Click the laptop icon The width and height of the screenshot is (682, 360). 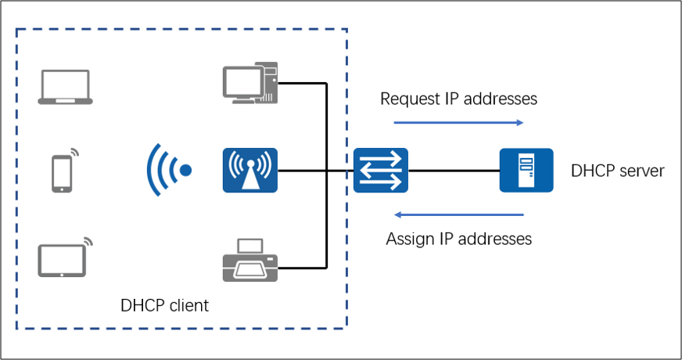click(66, 87)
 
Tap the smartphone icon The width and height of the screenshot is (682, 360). click(63, 172)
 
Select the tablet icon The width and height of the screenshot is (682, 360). click(63, 258)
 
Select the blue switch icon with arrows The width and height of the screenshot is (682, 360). click(380, 171)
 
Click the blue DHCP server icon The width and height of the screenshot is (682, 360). click(526, 171)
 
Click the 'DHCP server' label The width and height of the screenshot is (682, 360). click(618, 171)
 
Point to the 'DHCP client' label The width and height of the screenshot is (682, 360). click(165, 305)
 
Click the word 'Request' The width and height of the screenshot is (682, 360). click(409, 99)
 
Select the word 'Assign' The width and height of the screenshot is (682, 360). click(409, 239)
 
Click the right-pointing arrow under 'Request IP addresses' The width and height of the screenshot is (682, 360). click(458, 122)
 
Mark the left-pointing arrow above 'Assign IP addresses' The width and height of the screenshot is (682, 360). click(458, 214)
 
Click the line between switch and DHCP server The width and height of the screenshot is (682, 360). click(454, 171)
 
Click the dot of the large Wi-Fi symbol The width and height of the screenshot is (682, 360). click(185, 170)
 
